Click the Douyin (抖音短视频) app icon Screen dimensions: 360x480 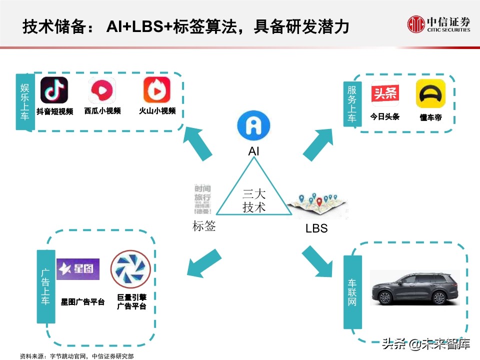[x=54, y=90]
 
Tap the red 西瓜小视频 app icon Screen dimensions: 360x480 [x=102, y=90]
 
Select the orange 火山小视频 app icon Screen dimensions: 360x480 [x=157, y=90]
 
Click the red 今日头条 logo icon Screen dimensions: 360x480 [x=384, y=94]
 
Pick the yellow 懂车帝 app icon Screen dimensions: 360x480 [x=430, y=93]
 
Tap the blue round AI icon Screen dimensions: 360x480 [x=253, y=125]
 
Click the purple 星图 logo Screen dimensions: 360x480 [x=78, y=269]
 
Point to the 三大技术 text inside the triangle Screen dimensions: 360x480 [x=254, y=200]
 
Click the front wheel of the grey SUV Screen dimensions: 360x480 [x=384, y=298]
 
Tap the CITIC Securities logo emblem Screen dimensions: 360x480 [x=416, y=24]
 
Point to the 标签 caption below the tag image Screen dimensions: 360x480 [x=204, y=226]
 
